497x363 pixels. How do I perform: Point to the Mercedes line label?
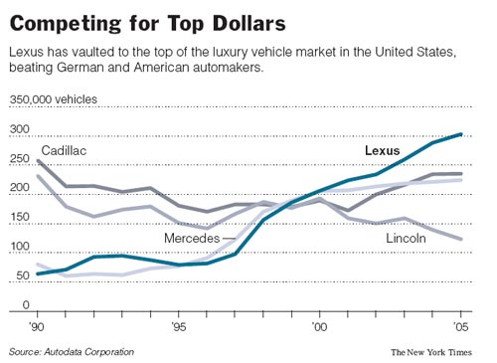(192, 239)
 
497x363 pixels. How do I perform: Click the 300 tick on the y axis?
(20, 129)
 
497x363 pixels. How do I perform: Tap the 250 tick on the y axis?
(20, 158)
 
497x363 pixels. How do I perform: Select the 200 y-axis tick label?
(20, 188)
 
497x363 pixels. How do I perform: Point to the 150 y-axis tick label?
(20, 217)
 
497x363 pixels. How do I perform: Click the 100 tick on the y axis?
(20, 246)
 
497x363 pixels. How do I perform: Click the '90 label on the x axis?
(37, 325)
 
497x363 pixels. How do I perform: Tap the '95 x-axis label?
(178, 325)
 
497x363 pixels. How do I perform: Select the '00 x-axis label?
(318, 325)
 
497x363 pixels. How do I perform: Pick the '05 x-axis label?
(458, 325)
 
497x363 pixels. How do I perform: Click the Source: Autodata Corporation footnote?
(72, 352)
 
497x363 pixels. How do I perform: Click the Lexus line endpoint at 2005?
(460, 134)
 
